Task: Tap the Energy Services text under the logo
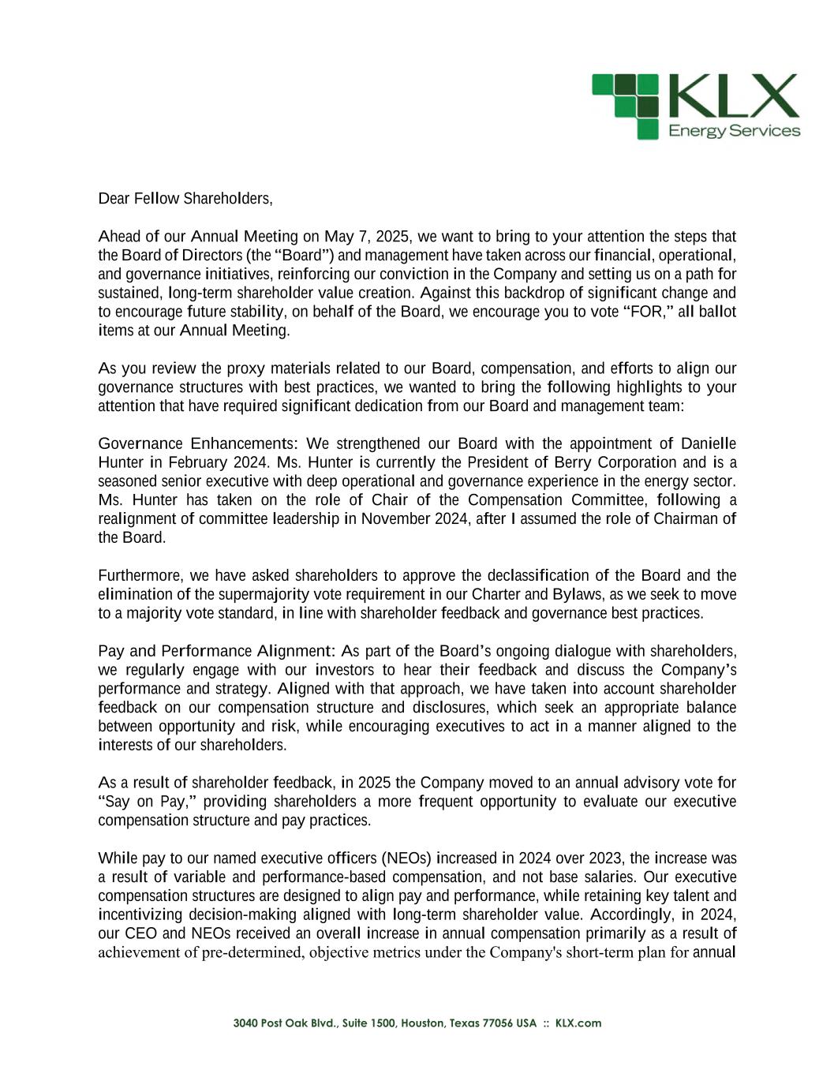coord(734,131)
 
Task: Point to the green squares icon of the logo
coord(626,106)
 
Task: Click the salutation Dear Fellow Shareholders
coord(185,199)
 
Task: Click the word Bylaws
coord(574,595)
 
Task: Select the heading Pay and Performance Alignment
coord(217,652)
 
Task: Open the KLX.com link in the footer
coord(578,1023)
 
